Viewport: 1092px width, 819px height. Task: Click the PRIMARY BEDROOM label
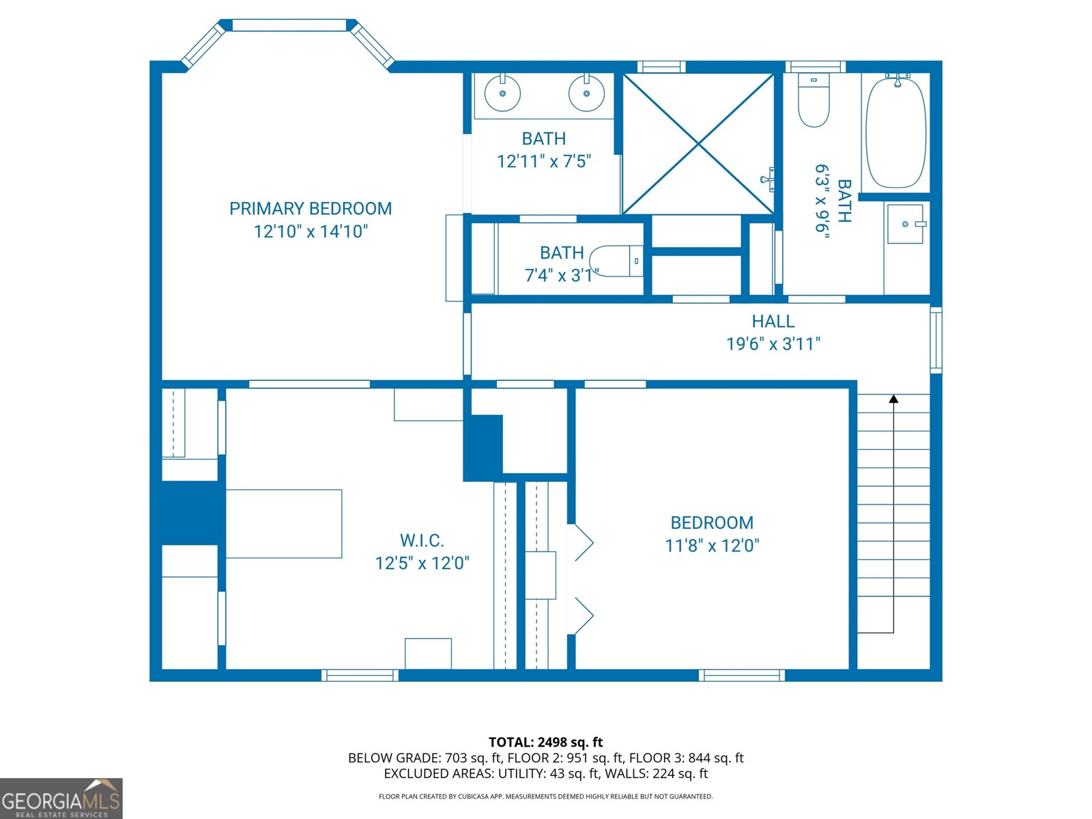click(x=311, y=208)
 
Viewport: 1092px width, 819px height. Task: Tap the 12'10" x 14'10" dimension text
click(x=311, y=231)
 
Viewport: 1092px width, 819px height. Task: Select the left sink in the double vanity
click(x=502, y=93)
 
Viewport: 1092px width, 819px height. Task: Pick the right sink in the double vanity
click(x=586, y=93)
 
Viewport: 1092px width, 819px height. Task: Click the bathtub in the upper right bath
click(x=896, y=131)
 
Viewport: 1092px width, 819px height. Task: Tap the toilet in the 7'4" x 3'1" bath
click(x=616, y=261)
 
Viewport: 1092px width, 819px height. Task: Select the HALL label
click(x=773, y=321)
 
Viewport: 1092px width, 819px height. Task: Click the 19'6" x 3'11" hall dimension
click(x=773, y=343)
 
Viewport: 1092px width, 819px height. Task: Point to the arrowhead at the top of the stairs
click(x=893, y=399)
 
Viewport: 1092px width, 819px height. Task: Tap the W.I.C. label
click(x=422, y=540)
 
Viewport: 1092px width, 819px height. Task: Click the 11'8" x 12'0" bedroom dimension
click(x=712, y=545)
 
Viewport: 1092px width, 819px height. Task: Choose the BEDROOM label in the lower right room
click(x=712, y=523)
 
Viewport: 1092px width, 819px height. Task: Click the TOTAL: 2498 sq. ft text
click(x=546, y=743)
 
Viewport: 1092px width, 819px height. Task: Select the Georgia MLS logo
click(x=61, y=798)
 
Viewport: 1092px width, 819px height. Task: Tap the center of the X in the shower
click(x=698, y=144)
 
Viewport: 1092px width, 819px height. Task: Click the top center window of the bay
click(x=289, y=25)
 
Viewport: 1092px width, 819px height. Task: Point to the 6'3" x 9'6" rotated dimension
click(x=822, y=201)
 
